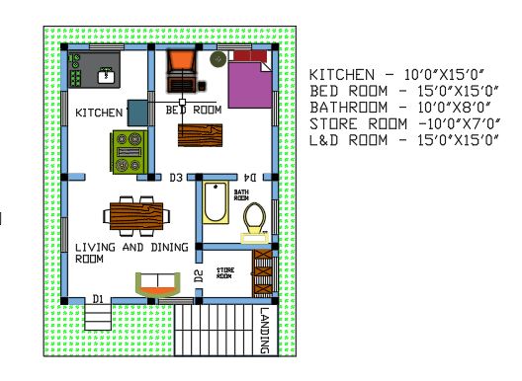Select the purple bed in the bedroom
point(248,81)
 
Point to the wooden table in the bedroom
point(200,135)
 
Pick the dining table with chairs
point(137,212)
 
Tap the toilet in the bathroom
point(255,219)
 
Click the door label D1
point(98,298)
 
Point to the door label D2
point(199,275)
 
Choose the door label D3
point(176,179)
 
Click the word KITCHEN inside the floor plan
point(100,114)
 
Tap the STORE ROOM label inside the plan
point(225,271)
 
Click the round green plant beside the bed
point(217,60)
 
